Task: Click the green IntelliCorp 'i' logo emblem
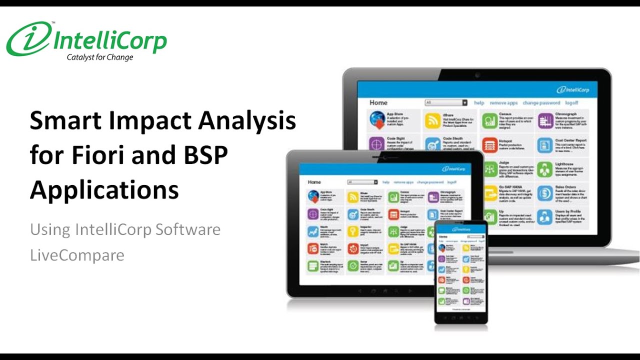[29, 39]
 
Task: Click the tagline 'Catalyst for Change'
[100, 57]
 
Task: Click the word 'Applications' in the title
[104, 190]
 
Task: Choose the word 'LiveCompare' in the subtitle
[77, 255]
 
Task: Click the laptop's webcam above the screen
[477, 75]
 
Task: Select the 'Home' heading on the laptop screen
[378, 102]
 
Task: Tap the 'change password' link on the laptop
[541, 102]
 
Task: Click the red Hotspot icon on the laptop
[489, 144]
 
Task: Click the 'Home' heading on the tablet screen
[314, 182]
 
